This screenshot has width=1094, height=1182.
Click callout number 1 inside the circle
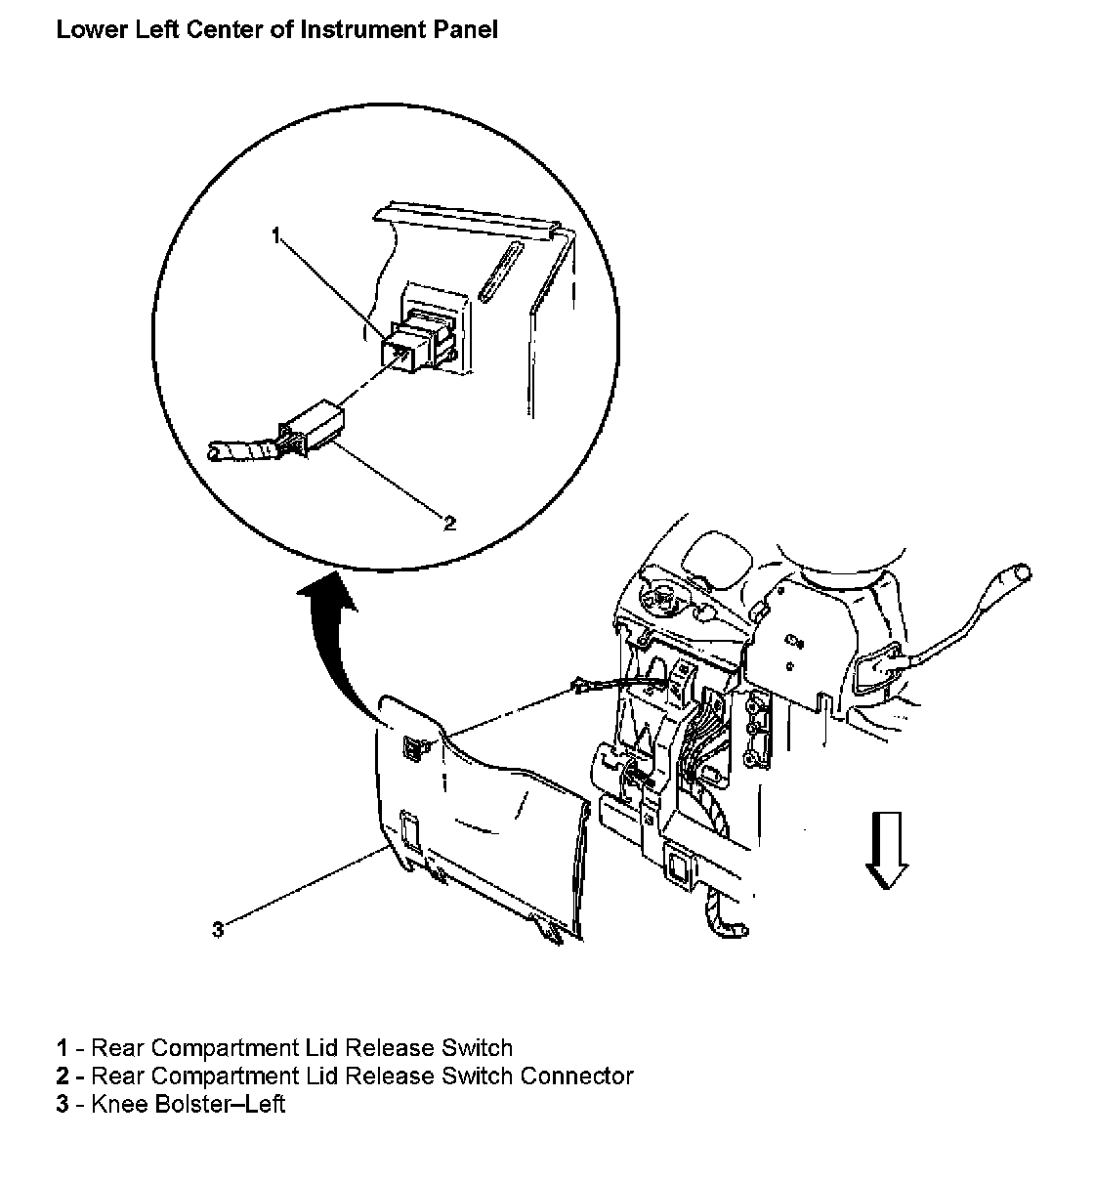tap(276, 235)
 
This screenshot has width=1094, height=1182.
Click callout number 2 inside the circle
tap(449, 524)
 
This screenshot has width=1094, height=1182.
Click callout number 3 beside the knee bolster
tap(218, 929)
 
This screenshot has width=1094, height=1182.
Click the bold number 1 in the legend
tap(62, 1048)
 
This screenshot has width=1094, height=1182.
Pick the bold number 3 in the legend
tap(62, 1104)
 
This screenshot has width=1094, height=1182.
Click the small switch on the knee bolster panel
tap(416, 748)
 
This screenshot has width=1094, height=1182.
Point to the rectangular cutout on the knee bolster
tap(411, 830)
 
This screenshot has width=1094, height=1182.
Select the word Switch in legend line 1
tap(477, 1048)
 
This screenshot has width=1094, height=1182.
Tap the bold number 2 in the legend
tap(62, 1076)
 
